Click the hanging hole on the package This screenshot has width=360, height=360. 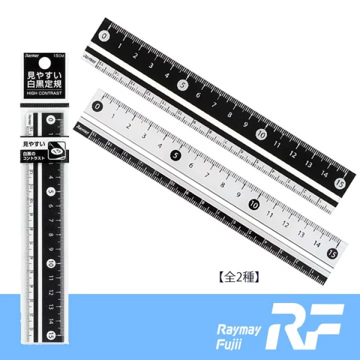pyautogui.click(x=44, y=62)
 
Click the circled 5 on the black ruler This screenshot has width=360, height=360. pyautogui.click(x=183, y=85)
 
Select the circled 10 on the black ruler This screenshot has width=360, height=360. pyautogui.click(x=261, y=134)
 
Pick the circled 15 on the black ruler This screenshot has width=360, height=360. pyautogui.click(x=340, y=182)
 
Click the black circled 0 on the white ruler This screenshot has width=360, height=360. pyautogui.click(x=98, y=106)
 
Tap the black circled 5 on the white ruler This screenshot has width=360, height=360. pyautogui.click(x=175, y=155)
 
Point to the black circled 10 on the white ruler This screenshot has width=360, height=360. pyautogui.click(x=253, y=204)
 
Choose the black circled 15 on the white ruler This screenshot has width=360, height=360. pyautogui.click(x=332, y=253)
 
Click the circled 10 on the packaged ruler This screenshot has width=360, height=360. pyautogui.click(x=51, y=263)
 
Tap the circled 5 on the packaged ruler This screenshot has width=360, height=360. pyautogui.click(x=51, y=192)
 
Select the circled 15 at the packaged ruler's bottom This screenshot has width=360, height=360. pyautogui.click(x=51, y=334)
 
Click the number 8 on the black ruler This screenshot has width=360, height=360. pyautogui.click(x=229, y=114)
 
